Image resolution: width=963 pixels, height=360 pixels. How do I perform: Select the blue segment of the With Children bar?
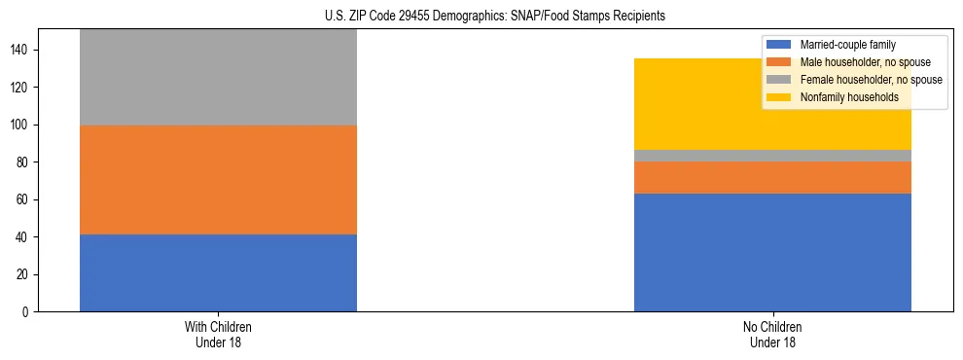pos(218,272)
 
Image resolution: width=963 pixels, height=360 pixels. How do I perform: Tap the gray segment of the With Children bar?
pos(218,78)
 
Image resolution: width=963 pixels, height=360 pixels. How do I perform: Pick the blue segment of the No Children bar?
pos(772,253)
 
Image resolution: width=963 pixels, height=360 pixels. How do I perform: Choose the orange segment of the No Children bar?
pos(772,177)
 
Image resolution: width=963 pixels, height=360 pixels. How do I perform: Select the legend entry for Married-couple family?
pos(847,45)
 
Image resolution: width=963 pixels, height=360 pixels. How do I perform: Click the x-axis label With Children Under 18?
pos(218,334)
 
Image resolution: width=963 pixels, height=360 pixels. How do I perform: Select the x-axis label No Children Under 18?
pos(772,334)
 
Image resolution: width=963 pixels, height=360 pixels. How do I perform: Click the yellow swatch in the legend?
pos(779,97)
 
